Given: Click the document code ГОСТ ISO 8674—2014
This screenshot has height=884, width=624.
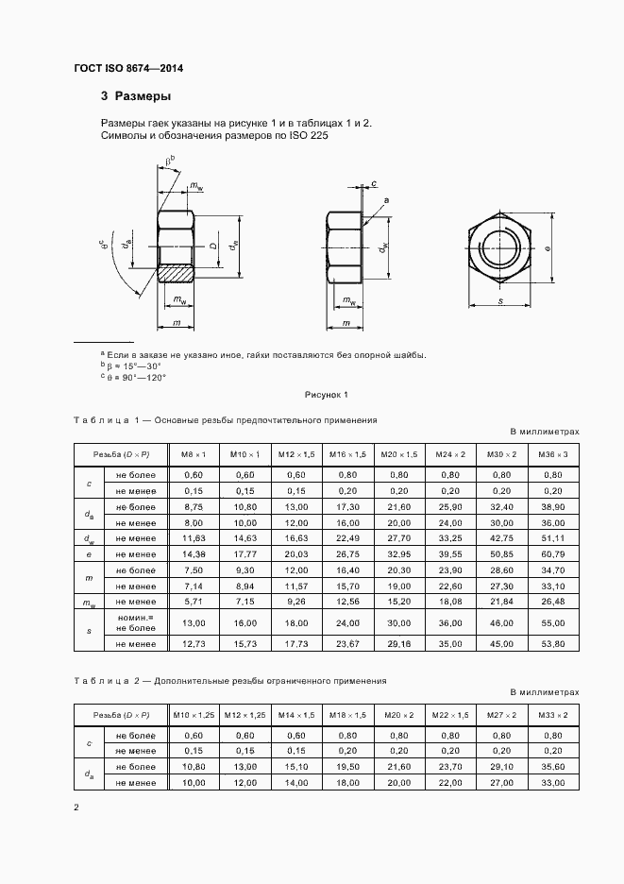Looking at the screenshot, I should click(x=128, y=70).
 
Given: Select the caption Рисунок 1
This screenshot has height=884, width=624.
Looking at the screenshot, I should click(x=327, y=394).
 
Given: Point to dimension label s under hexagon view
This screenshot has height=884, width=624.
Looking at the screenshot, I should click(x=500, y=300).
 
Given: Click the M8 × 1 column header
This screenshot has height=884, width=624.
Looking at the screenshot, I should click(x=194, y=454).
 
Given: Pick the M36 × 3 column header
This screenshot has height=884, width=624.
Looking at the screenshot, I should click(x=553, y=454).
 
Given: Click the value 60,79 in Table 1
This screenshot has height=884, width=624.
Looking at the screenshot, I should click(x=553, y=552).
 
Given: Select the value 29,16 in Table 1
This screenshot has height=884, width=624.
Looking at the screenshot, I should click(x=399, y=643).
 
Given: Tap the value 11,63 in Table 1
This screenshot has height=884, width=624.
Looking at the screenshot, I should click(x=194, y=537).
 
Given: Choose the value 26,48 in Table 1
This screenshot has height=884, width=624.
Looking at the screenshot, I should click(x=553, y=602).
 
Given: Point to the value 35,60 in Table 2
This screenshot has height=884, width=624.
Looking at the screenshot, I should click(x=553, y=766).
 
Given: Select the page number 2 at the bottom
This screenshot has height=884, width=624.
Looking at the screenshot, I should click(x=76, y=807).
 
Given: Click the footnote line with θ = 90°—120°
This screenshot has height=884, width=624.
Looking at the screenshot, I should click(x=135, y=377).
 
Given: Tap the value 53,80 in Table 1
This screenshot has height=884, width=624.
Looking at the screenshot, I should click(x=553, y=643).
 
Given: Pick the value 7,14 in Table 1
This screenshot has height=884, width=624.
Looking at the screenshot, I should click(x=194, y=586).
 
